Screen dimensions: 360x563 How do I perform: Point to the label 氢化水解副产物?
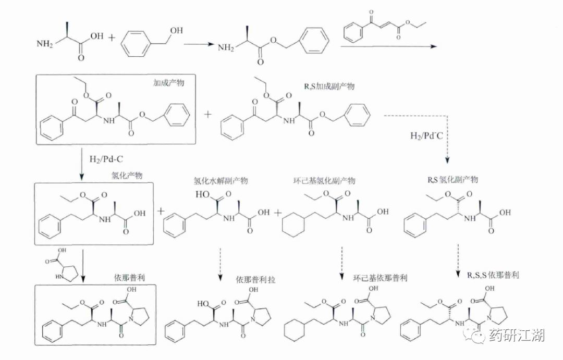[221, 181]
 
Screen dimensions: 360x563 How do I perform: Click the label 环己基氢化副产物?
[324, 180]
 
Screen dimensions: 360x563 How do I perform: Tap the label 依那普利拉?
[255, 280]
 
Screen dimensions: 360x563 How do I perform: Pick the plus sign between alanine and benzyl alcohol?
[111, 38]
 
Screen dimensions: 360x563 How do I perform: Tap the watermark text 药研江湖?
[517, 336]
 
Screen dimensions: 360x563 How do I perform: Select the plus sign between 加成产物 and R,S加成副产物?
[209, 114]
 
